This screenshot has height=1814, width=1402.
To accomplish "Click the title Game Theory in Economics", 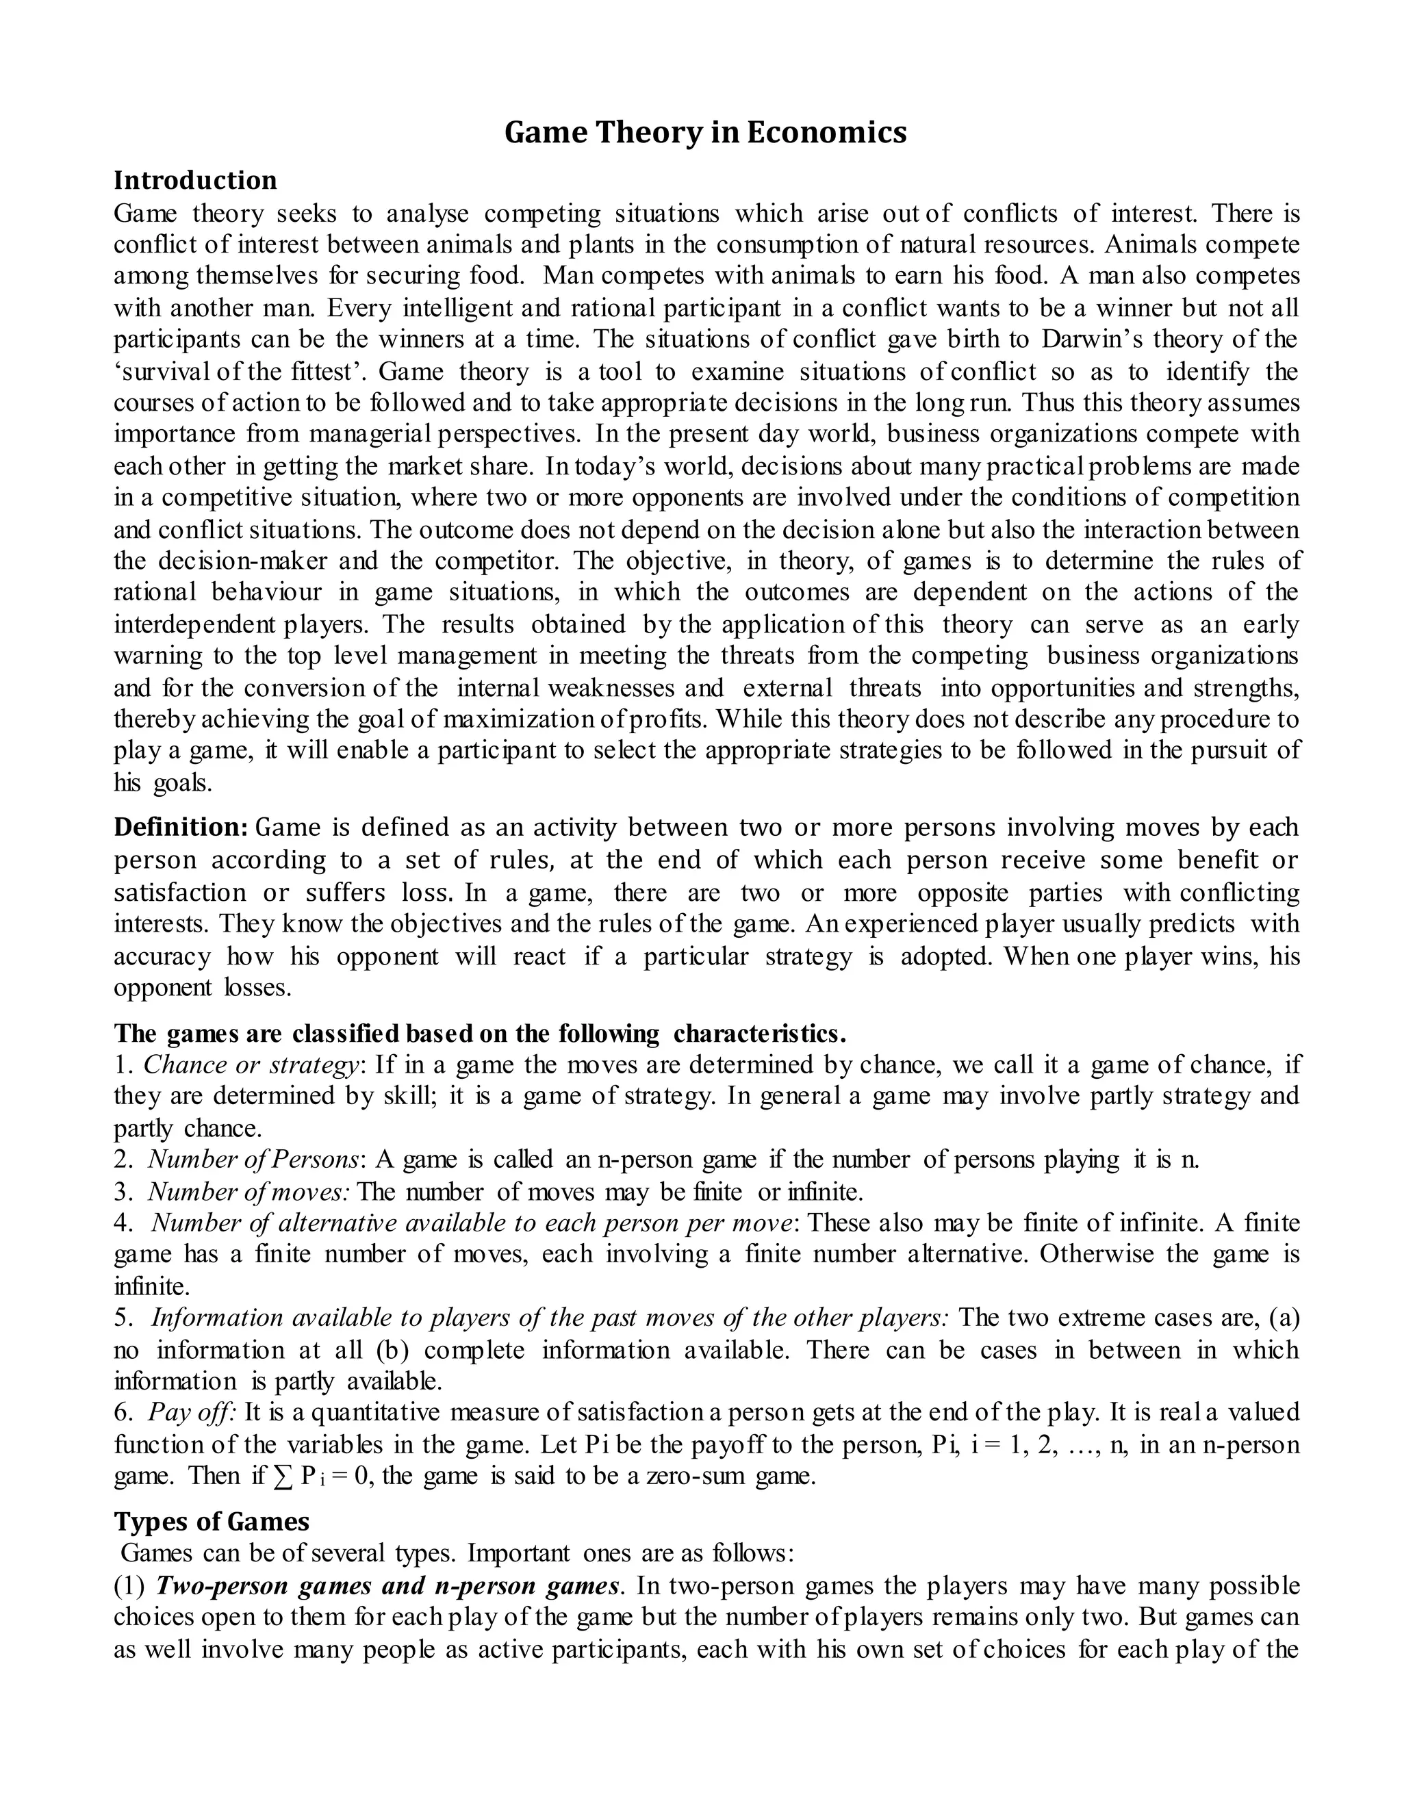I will (705, 133).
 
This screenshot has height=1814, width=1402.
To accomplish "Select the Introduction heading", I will (195, 180).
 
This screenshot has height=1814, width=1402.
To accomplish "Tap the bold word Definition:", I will (180, 828).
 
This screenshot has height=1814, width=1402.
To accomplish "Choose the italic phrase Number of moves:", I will (249, 1192).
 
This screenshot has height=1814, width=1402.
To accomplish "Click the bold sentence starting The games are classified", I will (479, 1033).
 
